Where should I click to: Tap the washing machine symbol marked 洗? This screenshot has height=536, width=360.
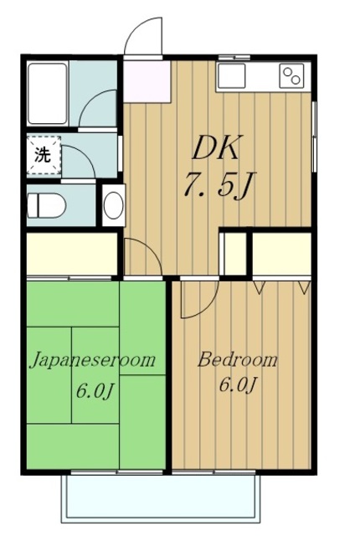point(40,154)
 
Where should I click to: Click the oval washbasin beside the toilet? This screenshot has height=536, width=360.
point(112,204)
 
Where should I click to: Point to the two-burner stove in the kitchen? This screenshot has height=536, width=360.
point(293,76)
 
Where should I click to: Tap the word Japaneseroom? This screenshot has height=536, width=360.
point(94,360)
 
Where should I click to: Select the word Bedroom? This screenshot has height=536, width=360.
point(237,360)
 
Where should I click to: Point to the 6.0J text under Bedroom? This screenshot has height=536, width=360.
point(238,386)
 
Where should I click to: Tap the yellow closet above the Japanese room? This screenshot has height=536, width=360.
point(71,254)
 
